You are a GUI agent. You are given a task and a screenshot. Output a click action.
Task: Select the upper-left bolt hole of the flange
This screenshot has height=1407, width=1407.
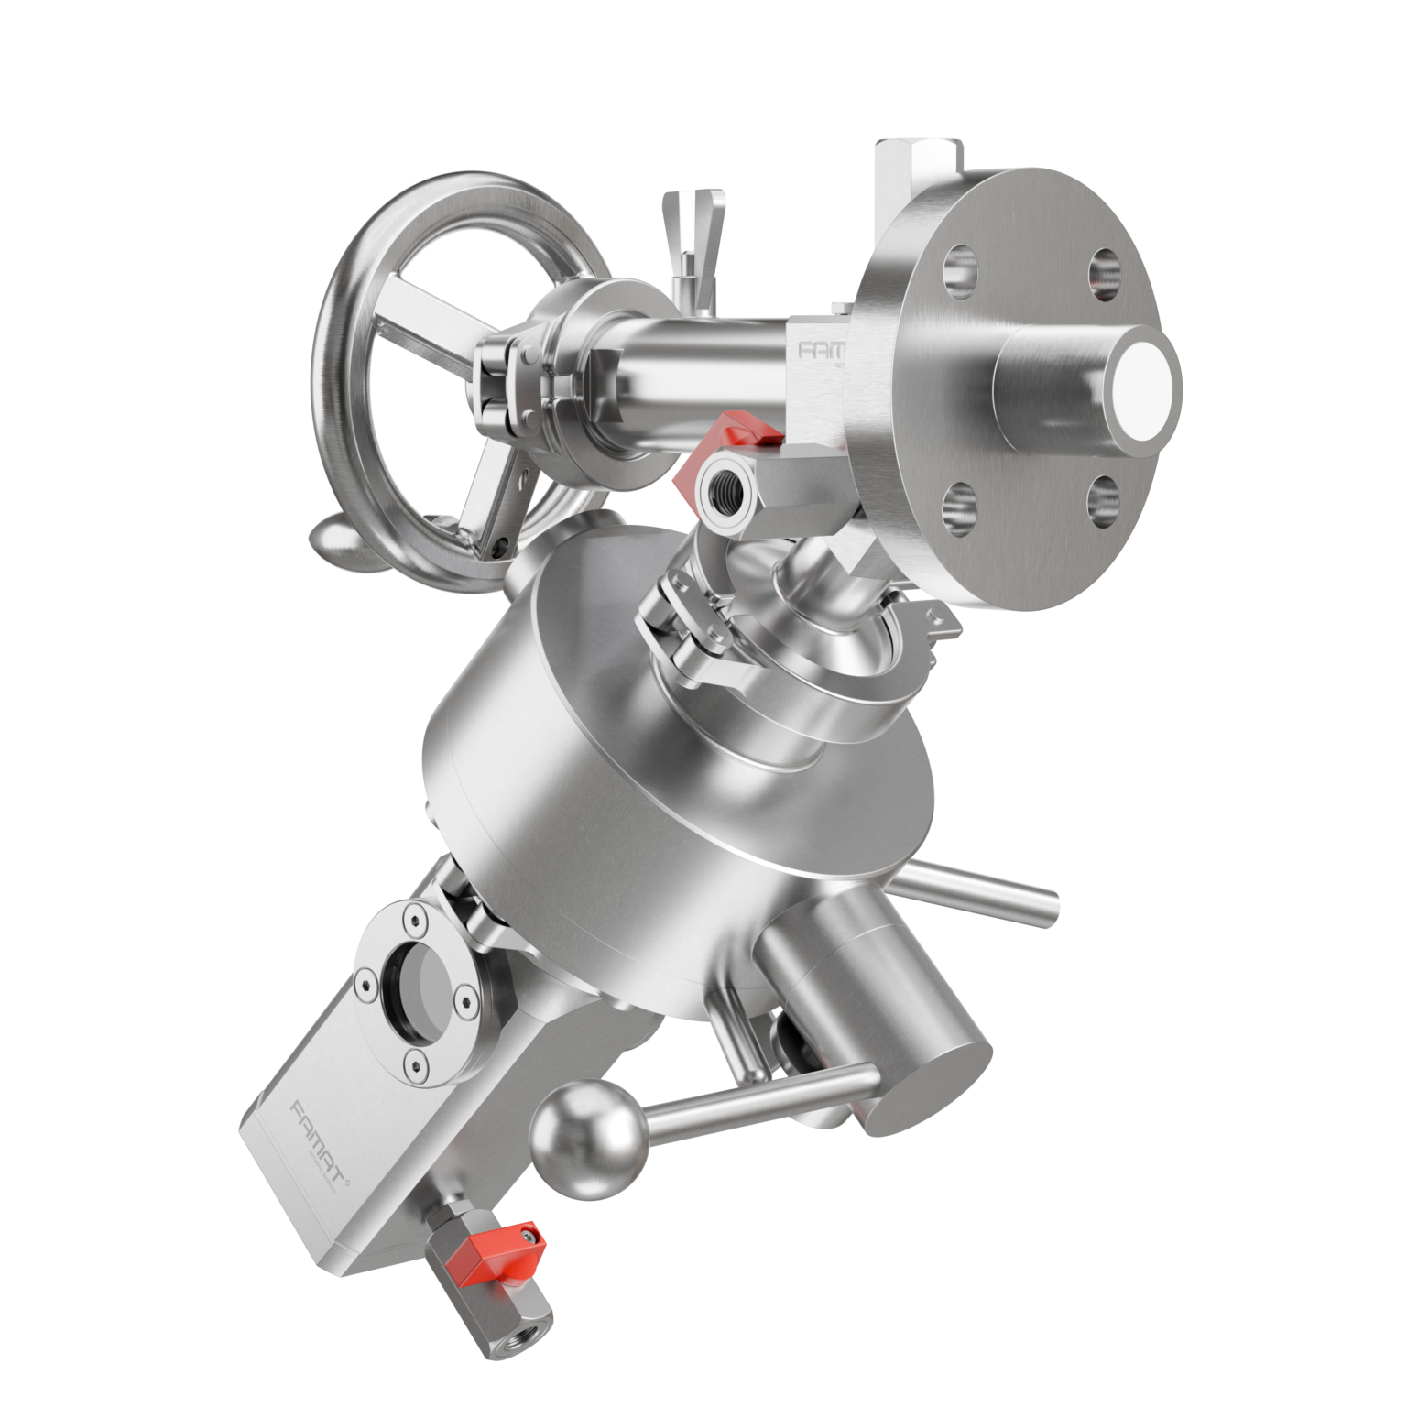(958, 267)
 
